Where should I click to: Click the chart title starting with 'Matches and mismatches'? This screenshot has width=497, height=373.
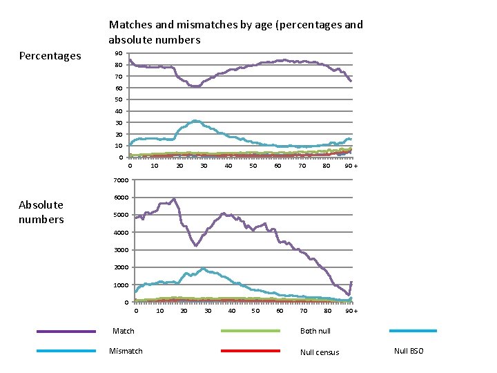point(235,32)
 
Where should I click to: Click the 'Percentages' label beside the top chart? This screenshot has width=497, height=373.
point(50,56)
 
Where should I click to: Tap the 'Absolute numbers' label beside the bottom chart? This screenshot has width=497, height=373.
point(41,212)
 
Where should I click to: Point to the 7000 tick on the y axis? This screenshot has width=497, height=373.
point(121,181)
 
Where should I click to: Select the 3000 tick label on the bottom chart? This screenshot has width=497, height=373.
point(121,250)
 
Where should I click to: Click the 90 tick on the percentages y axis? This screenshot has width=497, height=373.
point(119,53)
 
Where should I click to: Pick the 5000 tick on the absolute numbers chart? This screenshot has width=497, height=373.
point(121,215)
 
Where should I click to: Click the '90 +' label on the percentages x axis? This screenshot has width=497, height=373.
point(351,166)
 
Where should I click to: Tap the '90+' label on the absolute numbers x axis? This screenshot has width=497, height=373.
point(351,311)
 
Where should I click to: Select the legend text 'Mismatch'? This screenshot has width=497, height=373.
point(127,352)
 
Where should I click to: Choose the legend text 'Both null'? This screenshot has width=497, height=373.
point(315,332)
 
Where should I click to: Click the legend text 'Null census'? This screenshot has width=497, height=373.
point(320,352)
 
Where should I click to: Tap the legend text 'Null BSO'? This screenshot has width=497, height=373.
point(409,352)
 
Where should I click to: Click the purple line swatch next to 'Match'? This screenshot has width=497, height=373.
point(66,332)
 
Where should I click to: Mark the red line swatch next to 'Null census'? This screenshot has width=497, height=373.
point(250,351)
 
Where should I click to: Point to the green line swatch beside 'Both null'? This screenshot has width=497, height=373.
point(250,331)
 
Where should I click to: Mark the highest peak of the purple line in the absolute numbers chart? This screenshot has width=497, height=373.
point(174,199)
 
